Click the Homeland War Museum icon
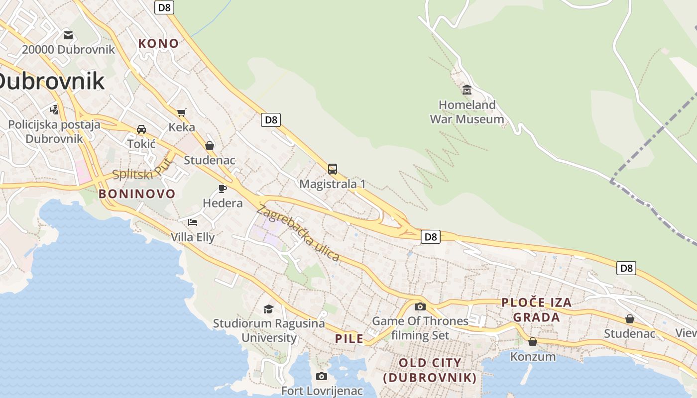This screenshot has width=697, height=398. click(467, 90)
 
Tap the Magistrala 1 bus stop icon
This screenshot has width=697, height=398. click(333, 169)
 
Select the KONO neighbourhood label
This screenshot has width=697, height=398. click(158, 43)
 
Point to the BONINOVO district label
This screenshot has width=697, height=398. click(137, 194)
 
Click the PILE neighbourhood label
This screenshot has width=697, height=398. click(349, 339)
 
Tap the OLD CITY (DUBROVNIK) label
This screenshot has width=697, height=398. click(430, 370)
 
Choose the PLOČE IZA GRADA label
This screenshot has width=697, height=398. click(536, 309)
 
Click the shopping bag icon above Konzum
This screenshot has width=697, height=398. click(533, 342)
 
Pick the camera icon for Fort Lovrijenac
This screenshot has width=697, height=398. click(322, 376)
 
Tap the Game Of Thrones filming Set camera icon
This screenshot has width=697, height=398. click(420, 306)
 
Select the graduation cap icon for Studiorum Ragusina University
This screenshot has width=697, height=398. click(269, 309)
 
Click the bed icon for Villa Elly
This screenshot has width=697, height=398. click(193, 222)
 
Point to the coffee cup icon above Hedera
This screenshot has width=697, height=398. click(223, 189)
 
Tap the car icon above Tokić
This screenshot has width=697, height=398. click(141, 129)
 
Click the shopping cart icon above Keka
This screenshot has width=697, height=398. click(181, 112)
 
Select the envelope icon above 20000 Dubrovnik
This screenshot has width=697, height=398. click(68, 35)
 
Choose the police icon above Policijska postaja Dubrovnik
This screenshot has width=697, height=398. click(54, 109)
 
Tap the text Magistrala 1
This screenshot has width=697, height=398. click(333, 184)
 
